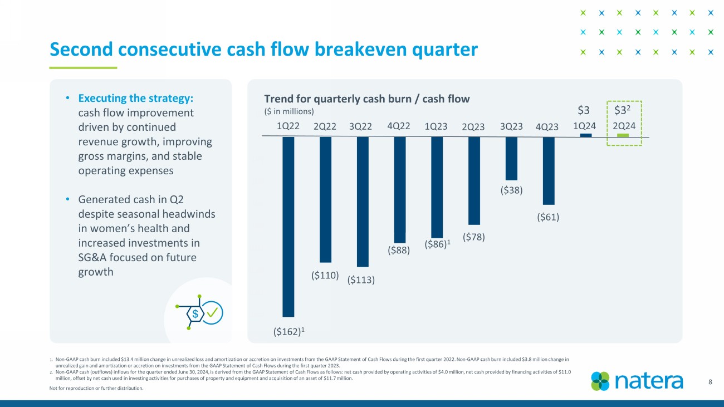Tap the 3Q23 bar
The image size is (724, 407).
[x=511, y=158]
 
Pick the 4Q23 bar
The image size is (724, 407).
[x=549, y=170]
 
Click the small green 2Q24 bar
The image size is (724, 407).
[x=623, y=135]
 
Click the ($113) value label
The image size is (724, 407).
[x=361, y=280]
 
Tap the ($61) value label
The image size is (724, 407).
[x=548, y=217]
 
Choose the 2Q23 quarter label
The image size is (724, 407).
[x=474, y=126]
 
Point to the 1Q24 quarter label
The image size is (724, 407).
[x=585, y=126]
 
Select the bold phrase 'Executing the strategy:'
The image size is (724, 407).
[x=136, y=99]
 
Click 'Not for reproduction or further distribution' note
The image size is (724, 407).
[x=96, y=389]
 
